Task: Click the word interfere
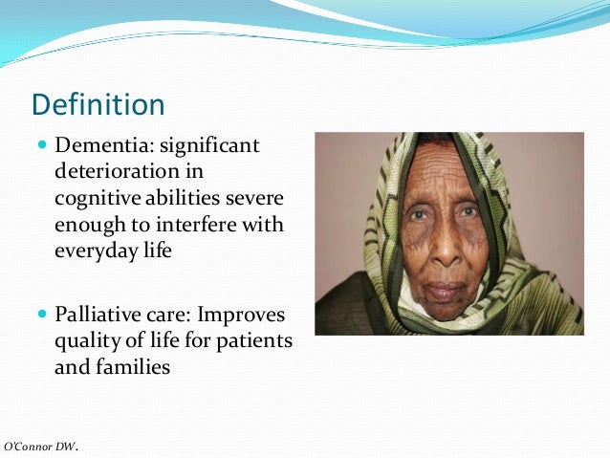pos(199,225)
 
